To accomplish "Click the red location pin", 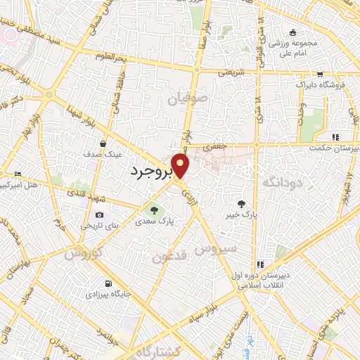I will [181, 166].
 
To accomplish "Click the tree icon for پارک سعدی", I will [153, 209].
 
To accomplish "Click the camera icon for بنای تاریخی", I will [99, 215].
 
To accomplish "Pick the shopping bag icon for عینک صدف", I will [103, 143].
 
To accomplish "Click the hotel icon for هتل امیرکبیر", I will [18, 174].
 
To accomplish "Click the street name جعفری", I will [211, 148].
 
